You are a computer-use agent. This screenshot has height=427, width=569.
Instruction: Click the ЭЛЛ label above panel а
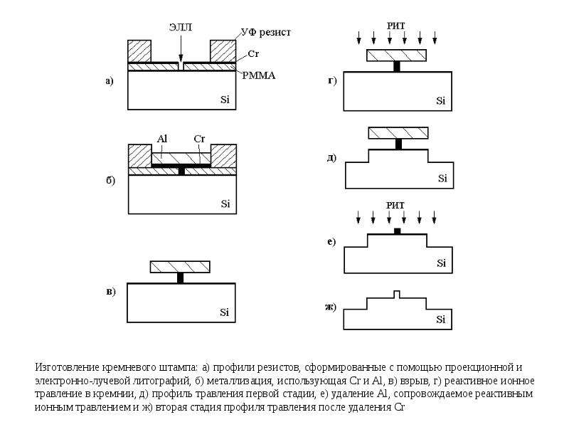181,27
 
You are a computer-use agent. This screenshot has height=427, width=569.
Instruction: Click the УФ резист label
266,33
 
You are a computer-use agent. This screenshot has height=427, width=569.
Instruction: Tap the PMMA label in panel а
259,76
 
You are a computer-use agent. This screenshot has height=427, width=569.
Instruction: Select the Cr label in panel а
253,54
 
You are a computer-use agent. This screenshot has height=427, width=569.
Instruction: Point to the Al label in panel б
162,139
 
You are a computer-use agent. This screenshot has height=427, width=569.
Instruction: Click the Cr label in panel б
199,139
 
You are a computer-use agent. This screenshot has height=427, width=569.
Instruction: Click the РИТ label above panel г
395,26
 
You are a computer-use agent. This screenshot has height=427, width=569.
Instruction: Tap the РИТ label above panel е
395,206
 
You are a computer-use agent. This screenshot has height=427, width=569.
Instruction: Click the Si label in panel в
224,312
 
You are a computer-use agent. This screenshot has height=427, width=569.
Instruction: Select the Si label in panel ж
440,320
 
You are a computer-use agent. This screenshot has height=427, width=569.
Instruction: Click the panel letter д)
331,158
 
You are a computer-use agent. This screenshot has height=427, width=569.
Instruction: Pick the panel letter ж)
330,307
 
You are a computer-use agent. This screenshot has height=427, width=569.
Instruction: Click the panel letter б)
111,181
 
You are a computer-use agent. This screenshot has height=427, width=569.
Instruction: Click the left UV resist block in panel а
139,51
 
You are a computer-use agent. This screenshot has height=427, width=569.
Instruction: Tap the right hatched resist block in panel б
223,156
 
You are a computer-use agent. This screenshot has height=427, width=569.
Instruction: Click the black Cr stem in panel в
181,278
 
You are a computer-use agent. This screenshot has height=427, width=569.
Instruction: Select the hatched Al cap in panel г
396,56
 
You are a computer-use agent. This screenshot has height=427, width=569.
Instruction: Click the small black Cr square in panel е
398,231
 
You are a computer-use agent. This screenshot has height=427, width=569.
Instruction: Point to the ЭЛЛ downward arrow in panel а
181,48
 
